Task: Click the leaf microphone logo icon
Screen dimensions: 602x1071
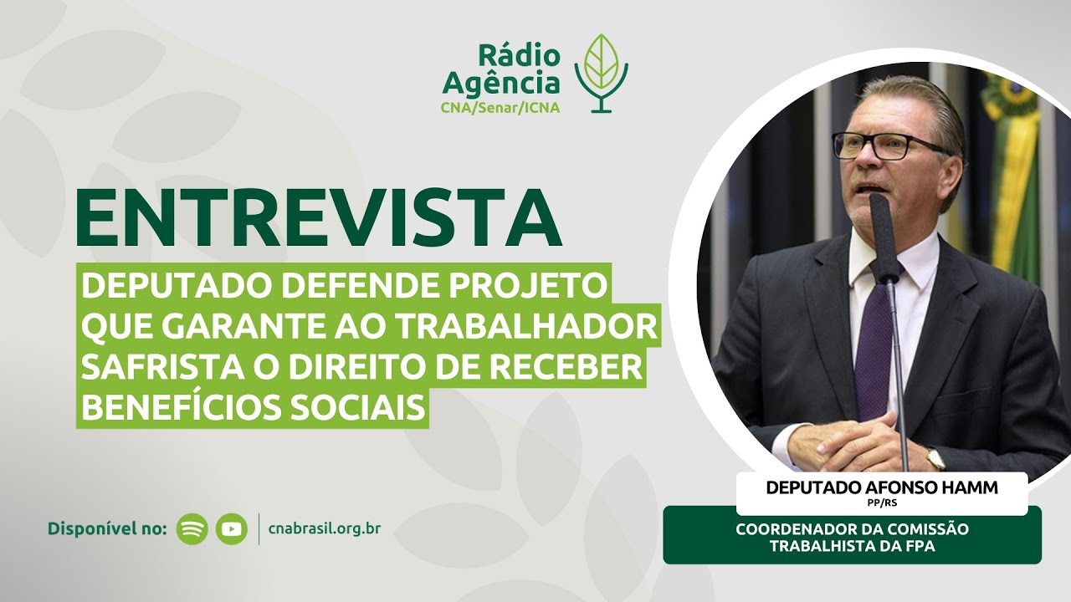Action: [601, 73]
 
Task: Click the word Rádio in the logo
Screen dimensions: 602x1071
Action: [519, 56]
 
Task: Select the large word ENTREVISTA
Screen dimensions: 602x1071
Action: [318, 219]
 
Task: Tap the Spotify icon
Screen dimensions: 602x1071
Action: [192, 528]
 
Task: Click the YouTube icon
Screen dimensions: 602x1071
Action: [232, 528]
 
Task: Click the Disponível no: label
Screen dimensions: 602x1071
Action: [108, 528]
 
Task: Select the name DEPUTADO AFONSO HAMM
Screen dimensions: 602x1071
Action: [882, 488]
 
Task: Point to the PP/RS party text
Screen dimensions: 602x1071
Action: [882, 504]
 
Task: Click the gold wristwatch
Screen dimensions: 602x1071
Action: [935, 458]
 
